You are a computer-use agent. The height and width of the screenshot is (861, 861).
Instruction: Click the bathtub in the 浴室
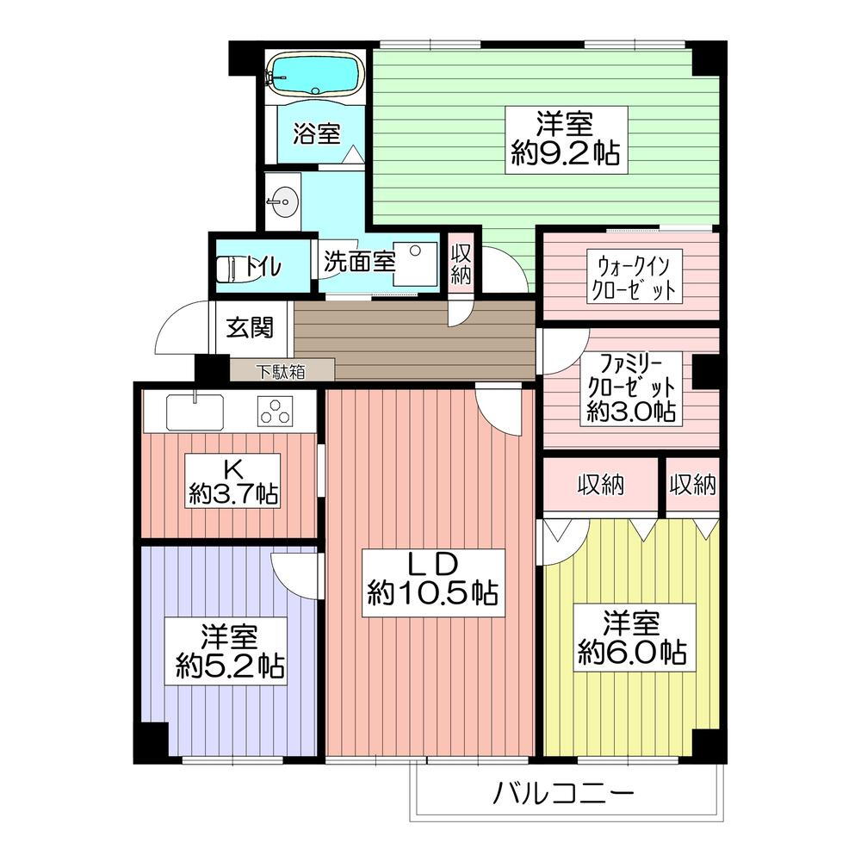point(315,75)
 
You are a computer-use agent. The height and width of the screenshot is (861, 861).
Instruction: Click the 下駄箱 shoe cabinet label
point(281,372)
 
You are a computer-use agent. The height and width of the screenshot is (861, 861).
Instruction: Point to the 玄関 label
point(251,327)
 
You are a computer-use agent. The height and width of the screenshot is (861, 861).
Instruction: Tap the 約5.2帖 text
point(230,666)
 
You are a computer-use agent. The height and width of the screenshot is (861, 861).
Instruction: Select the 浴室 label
point(316,133)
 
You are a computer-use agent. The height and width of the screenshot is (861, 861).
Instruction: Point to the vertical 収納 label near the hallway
point(460,263)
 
